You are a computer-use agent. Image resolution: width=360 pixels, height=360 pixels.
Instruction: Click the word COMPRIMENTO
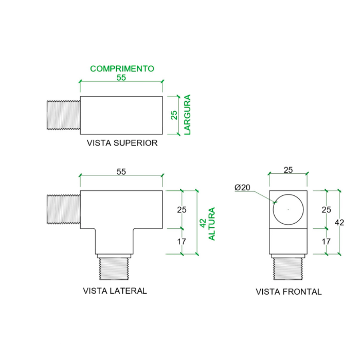pyautogui.click(x=122, y=68)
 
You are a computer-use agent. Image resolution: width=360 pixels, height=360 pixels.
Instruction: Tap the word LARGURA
pyautogui.click(x=187, y=115)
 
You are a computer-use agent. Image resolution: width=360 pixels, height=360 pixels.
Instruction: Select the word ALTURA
pyautogui.click(x=211, y=224)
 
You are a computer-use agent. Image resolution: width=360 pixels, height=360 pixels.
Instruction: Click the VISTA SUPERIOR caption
pyautogui.click(x=122, y=143)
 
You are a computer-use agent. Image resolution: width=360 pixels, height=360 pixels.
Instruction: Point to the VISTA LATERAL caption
pyautogui.click(x=115, y=291)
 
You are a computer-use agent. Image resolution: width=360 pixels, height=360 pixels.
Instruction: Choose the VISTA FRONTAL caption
pyautogui.click(x=289, y=292)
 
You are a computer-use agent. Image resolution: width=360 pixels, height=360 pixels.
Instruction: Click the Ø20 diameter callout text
pyautogui.click(x=242, y=187)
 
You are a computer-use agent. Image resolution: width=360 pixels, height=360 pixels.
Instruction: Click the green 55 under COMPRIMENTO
pyautogui.click(x=121, y=78)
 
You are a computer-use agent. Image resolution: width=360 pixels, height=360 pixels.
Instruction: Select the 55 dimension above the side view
pyautogui.click(x=121, y=171)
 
